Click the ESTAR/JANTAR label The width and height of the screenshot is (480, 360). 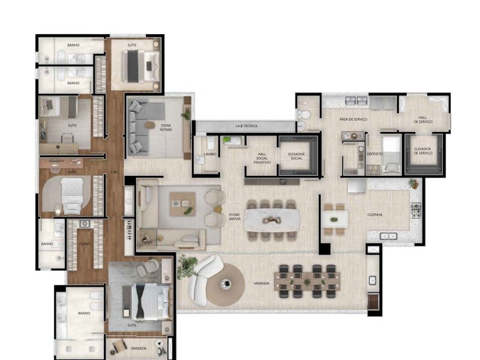pyautogui.click(x=235, y=217)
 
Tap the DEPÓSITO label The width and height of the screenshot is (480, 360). pyautogui.click(x=375, y=154)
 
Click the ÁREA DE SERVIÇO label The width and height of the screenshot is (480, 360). pyautogui.click(x=352, y=119)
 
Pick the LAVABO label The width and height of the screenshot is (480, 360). pyautogui.click(x=210, y=154)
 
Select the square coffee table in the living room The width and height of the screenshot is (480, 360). pyautogui.click(x=182, y=205)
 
